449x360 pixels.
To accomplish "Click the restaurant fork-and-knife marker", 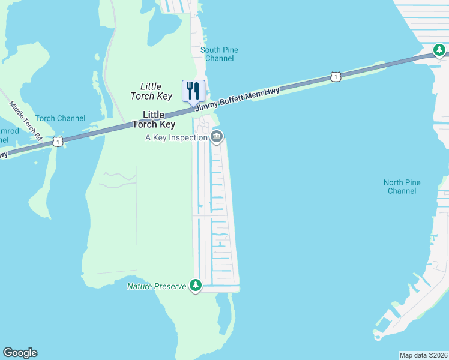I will (193, 91).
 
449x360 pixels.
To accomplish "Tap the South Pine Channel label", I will (219, 54).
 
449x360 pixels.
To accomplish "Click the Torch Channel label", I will (60, 118).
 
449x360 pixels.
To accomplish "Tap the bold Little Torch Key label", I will (159, 119).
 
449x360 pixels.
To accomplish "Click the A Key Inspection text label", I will (176, 137).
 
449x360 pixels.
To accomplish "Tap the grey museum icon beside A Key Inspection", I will (217, 137).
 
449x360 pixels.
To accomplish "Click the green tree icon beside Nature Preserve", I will (195, 286).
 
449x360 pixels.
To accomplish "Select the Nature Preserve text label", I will (157, 286).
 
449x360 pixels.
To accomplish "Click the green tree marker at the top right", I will (440, 50).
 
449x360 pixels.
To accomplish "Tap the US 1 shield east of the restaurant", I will (336, 77).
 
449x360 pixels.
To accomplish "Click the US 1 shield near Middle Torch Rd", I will (58, 141).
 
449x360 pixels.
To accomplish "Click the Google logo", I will (20, 353).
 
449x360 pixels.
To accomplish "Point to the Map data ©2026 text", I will (423, 355).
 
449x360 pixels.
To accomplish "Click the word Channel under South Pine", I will (219, 58).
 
